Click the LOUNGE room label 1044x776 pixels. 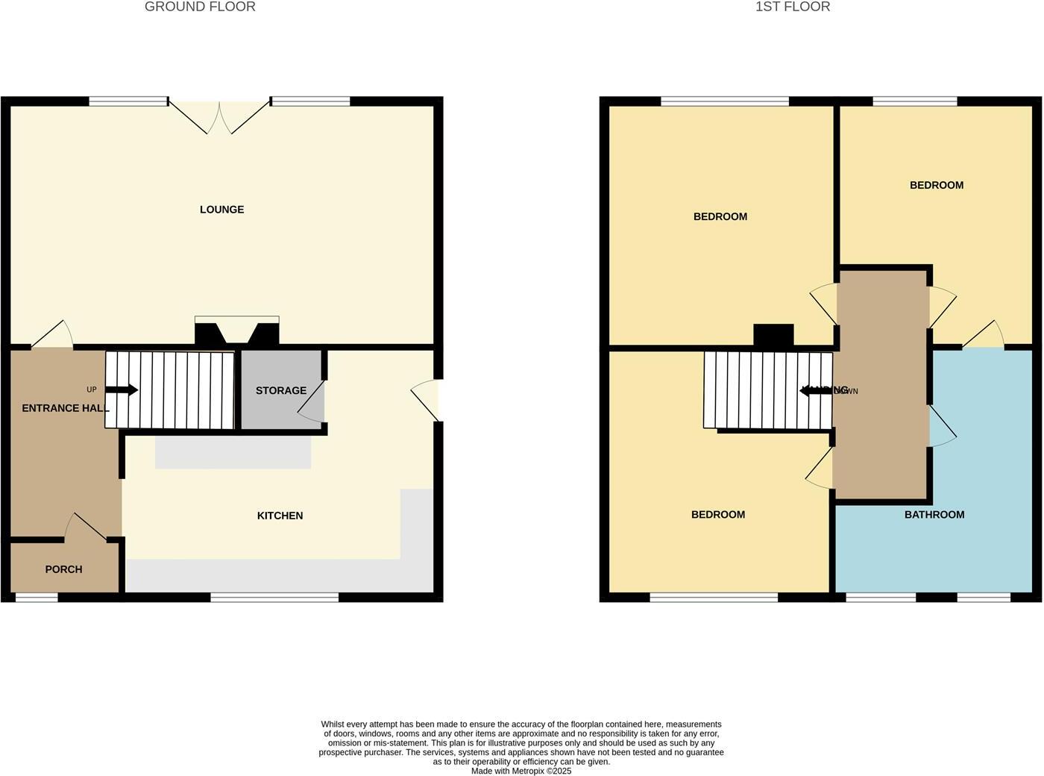(x=221, y=210)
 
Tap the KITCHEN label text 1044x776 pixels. (x=280, y=516)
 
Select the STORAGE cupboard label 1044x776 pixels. (x=280, y=390)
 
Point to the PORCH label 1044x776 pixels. (x=63, y=569)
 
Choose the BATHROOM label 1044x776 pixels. (x=934, y=514)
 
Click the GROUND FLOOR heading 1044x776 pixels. (x=200, y=7)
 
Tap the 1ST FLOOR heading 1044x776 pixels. (x=792, y=7)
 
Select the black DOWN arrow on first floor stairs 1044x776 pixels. (x=816, y=390)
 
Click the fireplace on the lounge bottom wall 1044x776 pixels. (x=236, y=331)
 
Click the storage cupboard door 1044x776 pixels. (x=312, y=407)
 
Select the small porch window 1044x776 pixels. (x=37, y=597)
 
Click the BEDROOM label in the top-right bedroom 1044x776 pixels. (x=936, y=185)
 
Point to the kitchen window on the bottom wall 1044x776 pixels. (x=274, y=597)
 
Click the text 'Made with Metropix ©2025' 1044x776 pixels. (x=521, y=771)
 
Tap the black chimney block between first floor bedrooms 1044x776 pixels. (x=773, y=335)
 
